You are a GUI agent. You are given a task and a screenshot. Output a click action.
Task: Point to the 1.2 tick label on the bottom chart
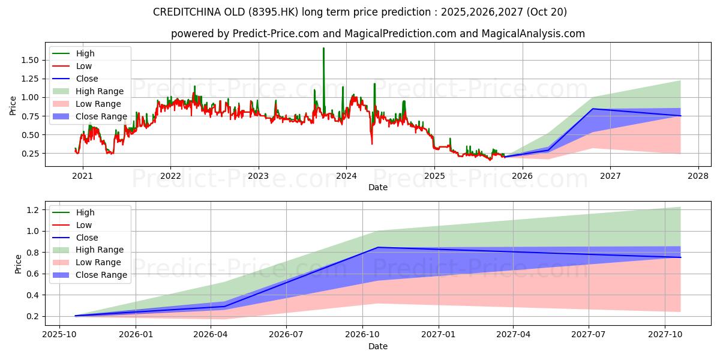click(x=32, y=210)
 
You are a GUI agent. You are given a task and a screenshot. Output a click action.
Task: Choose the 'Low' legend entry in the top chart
click(x=85, y=66)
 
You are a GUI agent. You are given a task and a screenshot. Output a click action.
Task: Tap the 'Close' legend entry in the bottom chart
click(x=87, y=237)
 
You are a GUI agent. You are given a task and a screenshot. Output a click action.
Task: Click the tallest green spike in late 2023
click(x=323, y=49)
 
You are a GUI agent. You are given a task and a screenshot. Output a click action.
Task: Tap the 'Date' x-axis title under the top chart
click(x=378, y=187)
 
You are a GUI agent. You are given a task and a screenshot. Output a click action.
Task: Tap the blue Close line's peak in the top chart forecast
click(x=593, y=109)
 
